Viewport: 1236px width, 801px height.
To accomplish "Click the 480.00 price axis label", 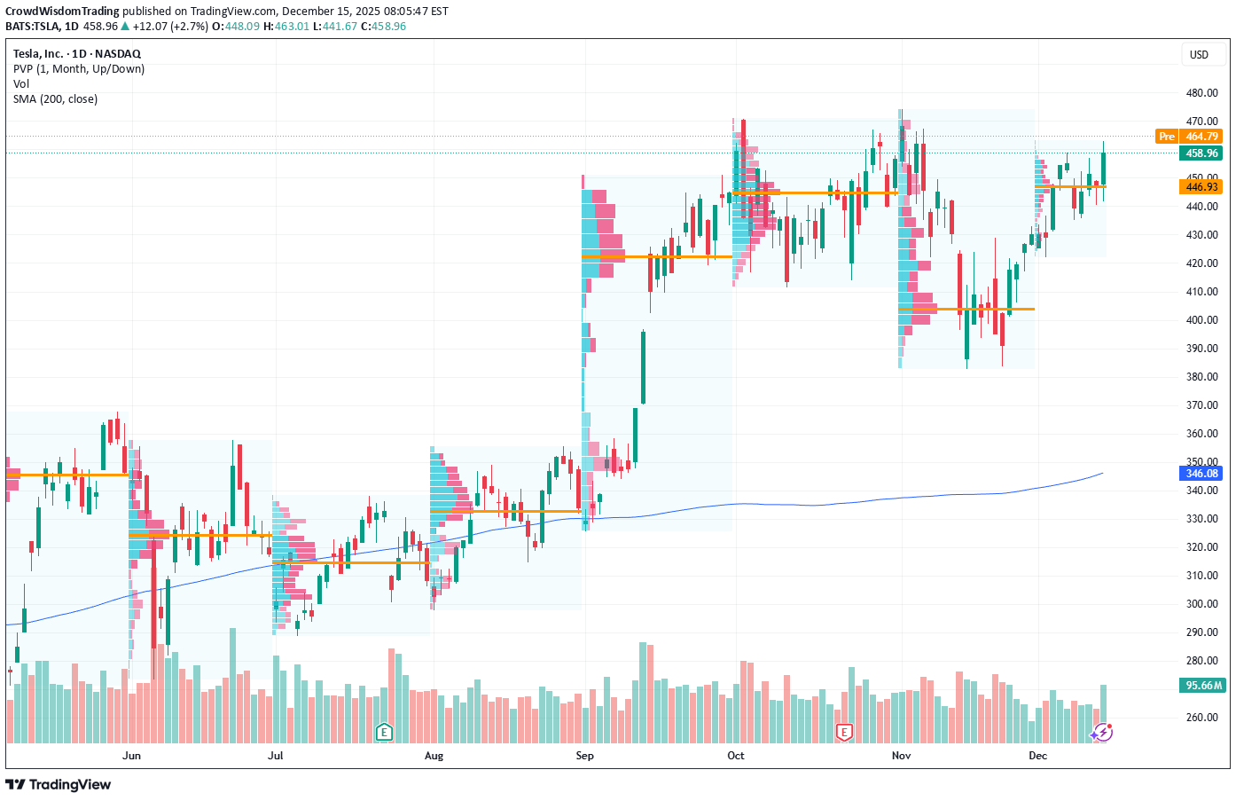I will pos(1201,93).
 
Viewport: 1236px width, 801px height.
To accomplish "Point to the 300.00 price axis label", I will pos(1201,604).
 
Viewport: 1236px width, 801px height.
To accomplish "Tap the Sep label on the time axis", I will pos(584,756).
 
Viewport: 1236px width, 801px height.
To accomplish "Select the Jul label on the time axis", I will pos(275,756).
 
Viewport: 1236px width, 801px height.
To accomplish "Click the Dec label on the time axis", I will pos(1037,756).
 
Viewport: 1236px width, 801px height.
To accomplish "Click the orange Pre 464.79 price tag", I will pos(1189,137).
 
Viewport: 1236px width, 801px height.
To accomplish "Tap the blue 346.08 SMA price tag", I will pos(1201,474).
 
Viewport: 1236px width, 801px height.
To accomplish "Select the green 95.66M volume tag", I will pos(1203,686).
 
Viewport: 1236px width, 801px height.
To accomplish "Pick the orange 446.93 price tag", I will pos(1201,187).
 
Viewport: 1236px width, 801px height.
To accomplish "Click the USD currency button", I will pos(1199,55).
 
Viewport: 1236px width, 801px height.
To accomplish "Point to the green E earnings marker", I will pos(384,732).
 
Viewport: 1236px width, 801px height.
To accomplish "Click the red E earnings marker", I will pos(844,732).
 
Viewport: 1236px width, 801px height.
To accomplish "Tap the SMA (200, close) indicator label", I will pos(55,99).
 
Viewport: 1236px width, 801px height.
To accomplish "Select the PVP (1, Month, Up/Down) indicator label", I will pos(79,69).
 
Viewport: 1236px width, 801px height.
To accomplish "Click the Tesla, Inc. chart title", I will pos(77,54).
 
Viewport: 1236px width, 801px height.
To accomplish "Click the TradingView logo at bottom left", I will pos(59,784).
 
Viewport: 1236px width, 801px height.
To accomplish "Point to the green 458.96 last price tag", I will pos(1201,153).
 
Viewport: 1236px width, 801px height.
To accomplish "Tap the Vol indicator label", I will pos(21,84).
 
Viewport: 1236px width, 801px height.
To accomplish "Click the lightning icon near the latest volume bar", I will pos(1102,733).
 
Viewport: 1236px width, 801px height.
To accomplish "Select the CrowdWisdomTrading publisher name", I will pos(62,12).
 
